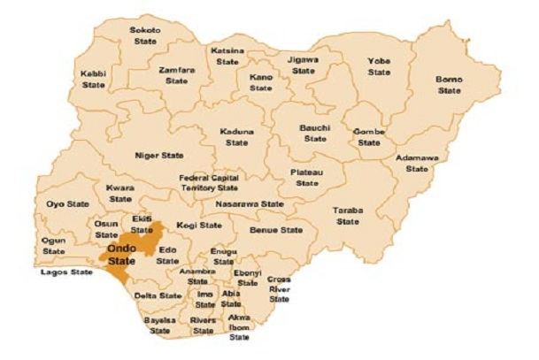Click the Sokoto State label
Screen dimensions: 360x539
144,34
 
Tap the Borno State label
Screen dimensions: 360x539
449,85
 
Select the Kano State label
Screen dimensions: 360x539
260,82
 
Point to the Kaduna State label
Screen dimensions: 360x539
236,137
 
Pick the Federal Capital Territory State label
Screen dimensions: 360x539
209,183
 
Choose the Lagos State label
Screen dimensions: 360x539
66,272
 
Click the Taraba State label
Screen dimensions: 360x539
347,216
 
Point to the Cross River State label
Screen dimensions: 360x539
279,289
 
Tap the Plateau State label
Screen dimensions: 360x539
306,177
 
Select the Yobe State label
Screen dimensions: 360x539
379,65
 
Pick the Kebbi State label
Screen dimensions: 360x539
93,80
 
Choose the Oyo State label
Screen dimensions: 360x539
66,204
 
